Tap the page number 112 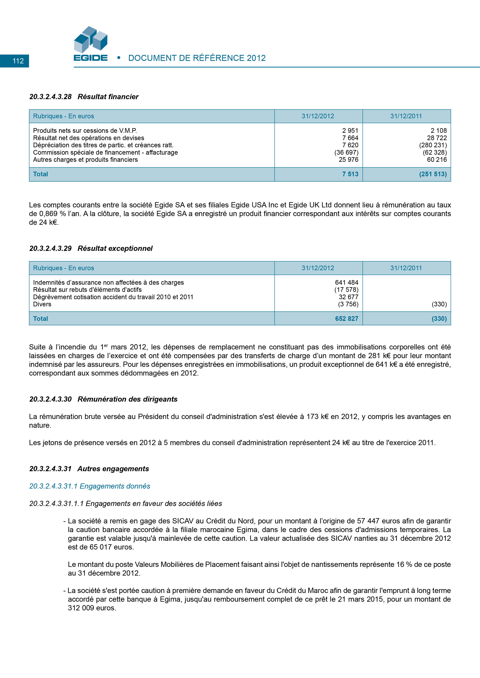point(18,61)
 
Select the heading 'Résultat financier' point(108,97)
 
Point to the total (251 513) point(433,174)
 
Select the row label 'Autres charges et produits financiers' point(86,160)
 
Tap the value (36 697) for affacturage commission point(346,152)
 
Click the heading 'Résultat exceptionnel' point(115,249)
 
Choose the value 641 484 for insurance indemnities point(347,283)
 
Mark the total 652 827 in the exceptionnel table point(347,319)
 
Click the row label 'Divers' point(42,304)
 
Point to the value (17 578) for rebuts point(346,290)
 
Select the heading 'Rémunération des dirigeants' point(128,399)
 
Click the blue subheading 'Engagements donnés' point(115,486)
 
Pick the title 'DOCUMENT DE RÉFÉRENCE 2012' point(197,58)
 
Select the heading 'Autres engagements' point(113,469)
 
